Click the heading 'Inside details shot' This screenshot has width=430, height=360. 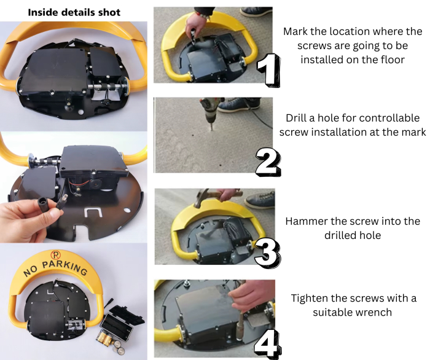click(x=74, y=12)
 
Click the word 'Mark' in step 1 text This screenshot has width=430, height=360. click(x=297, y=31)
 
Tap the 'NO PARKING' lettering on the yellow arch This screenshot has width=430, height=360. click(x=55, y=270)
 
